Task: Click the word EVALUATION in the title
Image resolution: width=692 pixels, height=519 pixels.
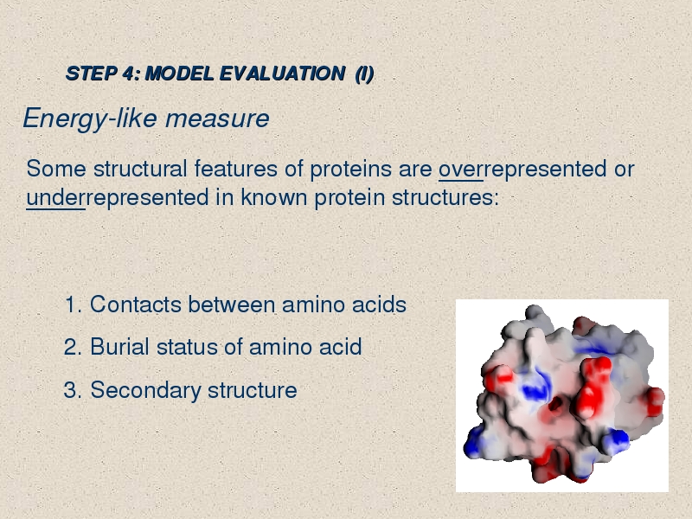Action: [283, 74]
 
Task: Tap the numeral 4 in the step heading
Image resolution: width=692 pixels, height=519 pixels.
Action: [127, 74]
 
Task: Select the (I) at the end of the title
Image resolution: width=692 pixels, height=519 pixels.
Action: [364, 74]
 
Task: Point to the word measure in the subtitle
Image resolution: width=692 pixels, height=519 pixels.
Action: [217, 119]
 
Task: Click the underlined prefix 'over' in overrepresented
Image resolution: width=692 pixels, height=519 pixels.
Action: [461, 169]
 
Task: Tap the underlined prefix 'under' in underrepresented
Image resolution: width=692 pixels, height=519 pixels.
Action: [55, 197]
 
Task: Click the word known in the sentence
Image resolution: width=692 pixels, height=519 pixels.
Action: [273, 197]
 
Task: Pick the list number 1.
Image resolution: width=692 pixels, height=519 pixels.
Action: [73, 304]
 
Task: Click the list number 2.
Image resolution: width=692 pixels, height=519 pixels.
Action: [73, 347]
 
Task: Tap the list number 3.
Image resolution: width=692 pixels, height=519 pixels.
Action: [73, 390]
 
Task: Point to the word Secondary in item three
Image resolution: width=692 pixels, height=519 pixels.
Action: [146, 391]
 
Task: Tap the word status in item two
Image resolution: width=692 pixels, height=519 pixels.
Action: [187, 347]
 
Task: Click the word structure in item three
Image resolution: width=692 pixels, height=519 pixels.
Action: [253, 391]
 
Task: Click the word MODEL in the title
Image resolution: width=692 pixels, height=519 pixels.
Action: [180, 74]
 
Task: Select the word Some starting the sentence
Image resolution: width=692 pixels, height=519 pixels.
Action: [56, 169]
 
